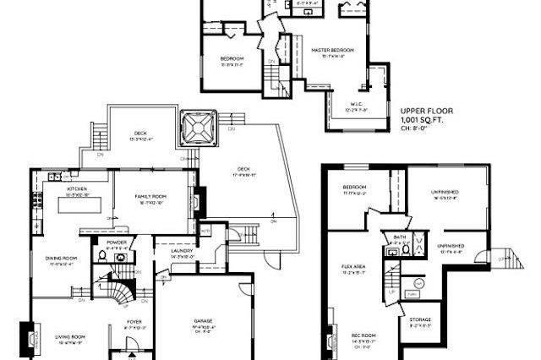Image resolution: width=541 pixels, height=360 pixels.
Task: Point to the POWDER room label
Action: pyautogui.click(x=117, y=242)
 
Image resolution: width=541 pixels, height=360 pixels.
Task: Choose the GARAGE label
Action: pyautogui.click(x=203, y=321)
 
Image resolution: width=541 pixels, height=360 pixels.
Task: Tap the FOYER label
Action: pyautogui.click(x=134, y=321)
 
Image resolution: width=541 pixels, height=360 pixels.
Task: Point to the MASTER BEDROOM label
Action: pyautogui.click(x=331, y=51)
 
